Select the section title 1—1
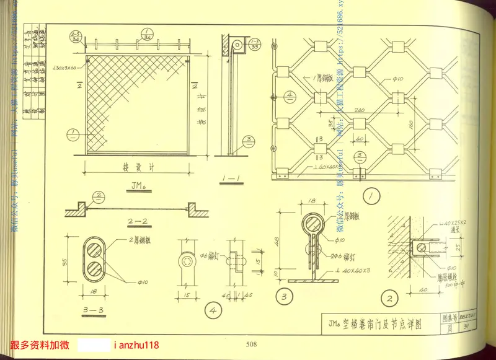[231, 178]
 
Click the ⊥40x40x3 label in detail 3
[355, 270]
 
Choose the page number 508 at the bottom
[251, 345]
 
